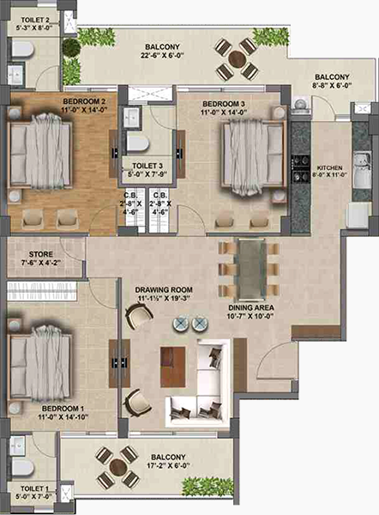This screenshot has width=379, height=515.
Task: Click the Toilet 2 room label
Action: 34,21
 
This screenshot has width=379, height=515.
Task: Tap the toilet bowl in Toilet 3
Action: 138,143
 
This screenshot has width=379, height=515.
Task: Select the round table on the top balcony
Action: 237,59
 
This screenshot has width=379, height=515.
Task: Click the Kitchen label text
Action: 330,168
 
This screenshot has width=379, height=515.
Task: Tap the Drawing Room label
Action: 164,290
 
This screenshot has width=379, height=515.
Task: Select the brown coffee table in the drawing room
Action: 172,367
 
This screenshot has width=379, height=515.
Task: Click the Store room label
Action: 40,254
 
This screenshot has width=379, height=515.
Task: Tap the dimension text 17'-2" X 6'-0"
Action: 168,466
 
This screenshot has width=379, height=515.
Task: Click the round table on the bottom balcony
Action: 117,467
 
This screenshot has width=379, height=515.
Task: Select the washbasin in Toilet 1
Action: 17,446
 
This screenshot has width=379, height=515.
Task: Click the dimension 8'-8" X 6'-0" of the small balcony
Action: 333,85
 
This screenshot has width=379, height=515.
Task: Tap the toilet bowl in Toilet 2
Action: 23,50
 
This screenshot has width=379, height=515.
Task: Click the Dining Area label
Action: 250,308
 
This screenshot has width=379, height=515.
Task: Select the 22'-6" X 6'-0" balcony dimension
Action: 162,56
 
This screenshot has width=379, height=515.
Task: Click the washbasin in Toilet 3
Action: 132,116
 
